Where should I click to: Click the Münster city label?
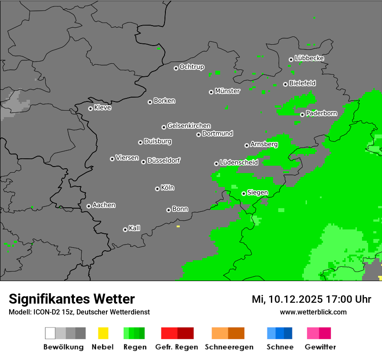tap(227, 91)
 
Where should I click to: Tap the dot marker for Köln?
tap(157, 189)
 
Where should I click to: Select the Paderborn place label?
tap(322, 114)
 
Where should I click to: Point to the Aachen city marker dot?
tap(89, 206)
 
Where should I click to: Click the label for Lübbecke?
tap(310, 58)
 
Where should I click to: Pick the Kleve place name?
tap(103, 108)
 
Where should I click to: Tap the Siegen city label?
tap(258, 193)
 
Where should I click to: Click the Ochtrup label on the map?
tap(192, 67)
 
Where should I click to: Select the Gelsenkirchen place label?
tap(189, 126)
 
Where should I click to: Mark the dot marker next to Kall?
tap(125, 229)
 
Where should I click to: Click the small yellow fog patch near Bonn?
tap(178, 226)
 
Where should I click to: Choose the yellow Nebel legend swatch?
tap(103, 333)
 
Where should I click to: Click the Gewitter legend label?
tap(320, 347)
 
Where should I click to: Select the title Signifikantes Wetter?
tap(72, 299)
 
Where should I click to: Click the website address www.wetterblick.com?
tap(313, 312)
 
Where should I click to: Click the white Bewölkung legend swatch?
tap(50, 333)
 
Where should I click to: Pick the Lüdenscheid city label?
tap(239, 163)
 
